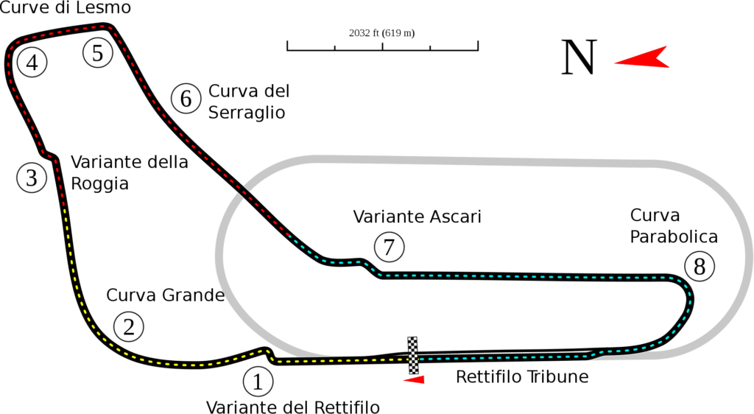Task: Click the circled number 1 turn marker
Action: pos(258,382)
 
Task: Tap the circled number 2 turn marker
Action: pos(129,327)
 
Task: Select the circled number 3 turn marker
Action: pos(32,178)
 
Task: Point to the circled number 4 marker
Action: pos(32,63)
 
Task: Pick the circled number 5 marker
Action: pos(98,53)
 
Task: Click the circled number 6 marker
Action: pos(186,99)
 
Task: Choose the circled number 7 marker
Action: pos(389,248)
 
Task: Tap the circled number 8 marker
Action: pos(700,266)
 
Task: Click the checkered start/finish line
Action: pos(413,355)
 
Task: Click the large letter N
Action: pos(579,57)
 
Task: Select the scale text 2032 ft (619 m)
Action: pos(382,33)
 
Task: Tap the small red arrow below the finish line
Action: pos(414,380)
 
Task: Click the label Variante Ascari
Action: pos(417,217)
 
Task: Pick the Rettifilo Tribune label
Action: pos(522,376)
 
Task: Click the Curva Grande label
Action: pos(166,295)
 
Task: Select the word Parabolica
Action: pos(674,236)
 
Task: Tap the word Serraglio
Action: pos(247,113)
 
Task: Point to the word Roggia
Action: pos(99,183)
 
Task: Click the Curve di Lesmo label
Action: pos(66,7)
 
